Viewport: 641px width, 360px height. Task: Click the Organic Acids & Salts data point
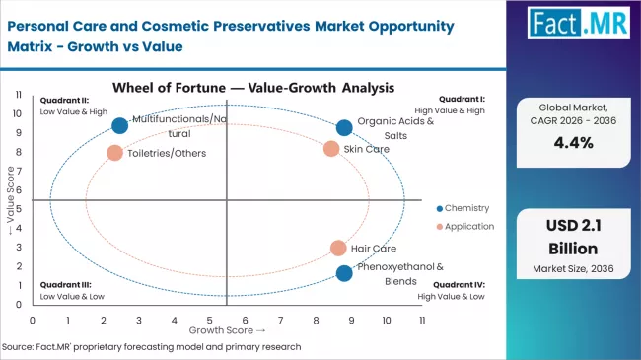click(x=343, y=127)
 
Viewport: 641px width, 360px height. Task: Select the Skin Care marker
click(x=331, y=149)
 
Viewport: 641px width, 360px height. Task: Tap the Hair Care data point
click(x=338, y=249)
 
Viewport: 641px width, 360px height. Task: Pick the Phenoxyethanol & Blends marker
click(x=343, y=273)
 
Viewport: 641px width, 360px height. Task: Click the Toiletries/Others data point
click(x=114, y=153)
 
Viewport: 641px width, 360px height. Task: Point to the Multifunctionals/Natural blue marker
click(x=119, y=125)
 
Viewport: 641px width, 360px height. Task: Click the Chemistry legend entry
click(x=461, y=208)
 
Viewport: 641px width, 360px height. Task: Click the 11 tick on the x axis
click(x=422, y=321)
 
